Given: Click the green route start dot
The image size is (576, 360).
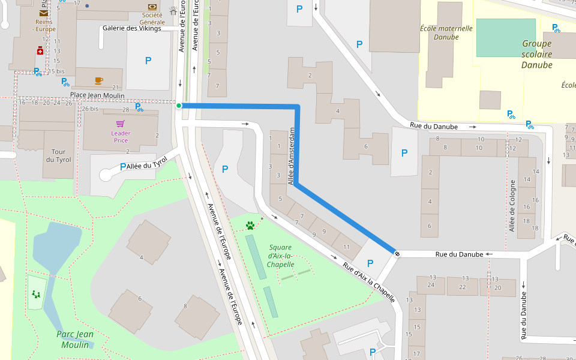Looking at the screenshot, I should point(179,106).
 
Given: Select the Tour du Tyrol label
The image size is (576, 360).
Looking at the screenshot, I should point(58,156).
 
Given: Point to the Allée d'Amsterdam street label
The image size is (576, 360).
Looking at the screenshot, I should point(293,155).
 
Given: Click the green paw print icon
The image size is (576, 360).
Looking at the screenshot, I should point(250,226).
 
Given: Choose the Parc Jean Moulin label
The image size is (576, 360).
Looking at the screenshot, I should point(75,340).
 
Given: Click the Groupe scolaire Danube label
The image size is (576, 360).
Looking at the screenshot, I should point(536,54).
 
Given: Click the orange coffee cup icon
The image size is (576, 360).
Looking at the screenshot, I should point(98,80).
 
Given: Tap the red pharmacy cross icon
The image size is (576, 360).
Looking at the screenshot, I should point(41,52).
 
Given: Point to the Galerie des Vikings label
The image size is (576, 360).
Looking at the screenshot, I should point(132,28).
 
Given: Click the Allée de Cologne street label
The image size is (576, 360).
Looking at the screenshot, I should point(512,206).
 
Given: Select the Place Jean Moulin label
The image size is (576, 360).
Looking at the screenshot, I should point(97,95).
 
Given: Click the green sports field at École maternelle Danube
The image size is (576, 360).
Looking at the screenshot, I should point(505,37).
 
